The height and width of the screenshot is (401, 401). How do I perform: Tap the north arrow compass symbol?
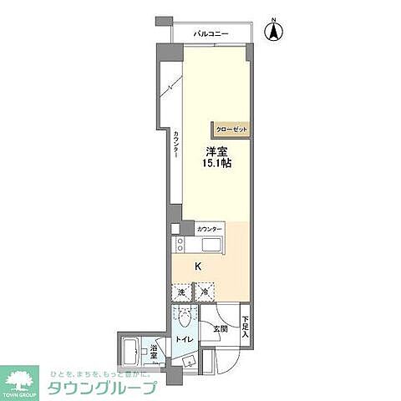pyautogui.click(x=273, y=33)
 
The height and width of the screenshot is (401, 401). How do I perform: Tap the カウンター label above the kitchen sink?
pyautogui.click(x=209, y=228)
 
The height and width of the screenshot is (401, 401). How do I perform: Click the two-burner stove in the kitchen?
pyautogui.click(x=182, y=245)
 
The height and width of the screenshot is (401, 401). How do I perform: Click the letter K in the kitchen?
pyautogui.click(x=198, y=267)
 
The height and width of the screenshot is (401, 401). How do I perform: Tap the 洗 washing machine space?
pyautogui.click(x=181, y=293)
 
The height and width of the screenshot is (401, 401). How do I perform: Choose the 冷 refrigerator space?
pyautogui.click(x=204, y=293)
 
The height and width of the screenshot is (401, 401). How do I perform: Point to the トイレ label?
pyautogui.click(x=184, y=339)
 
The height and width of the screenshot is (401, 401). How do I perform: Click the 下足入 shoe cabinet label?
pyautogui.click(x=245, y=326)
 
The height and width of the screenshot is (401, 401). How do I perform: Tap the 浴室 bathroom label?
pyautogui.click(x=155, y=355)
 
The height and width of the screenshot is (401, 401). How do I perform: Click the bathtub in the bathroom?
pyautogui.click(x=131, y=354)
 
